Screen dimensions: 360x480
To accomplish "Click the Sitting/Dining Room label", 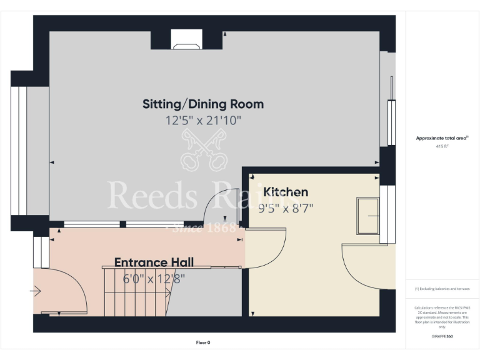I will (x=203, y=104).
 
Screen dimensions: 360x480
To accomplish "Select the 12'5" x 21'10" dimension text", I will (x=203, y=121).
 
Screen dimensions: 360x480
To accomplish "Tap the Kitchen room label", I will (x=286, y=192).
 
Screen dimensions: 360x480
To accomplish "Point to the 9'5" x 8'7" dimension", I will (x=286, y=208).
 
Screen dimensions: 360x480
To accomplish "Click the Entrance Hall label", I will (x=154, y=262).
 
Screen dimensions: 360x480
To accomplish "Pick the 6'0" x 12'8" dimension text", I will (x=154, y=279).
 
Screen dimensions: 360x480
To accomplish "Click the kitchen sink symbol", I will (x=367, y=216).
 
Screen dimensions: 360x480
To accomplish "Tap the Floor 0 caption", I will (x=203, y=342).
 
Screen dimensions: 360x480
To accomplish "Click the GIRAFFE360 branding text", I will (x=442, y=336).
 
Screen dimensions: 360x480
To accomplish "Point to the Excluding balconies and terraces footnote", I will (x=442, y=289).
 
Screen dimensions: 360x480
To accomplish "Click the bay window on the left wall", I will (x=19, y=150).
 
